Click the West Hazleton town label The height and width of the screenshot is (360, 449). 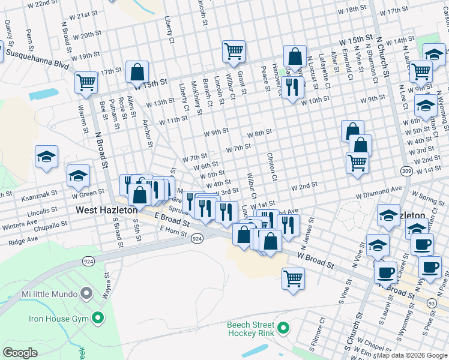pos(107,210)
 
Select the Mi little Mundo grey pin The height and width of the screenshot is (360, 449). pos(87,294)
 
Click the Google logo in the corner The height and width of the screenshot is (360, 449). pos(20,352)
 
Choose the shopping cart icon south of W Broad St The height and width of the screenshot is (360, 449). pos(293,278)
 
